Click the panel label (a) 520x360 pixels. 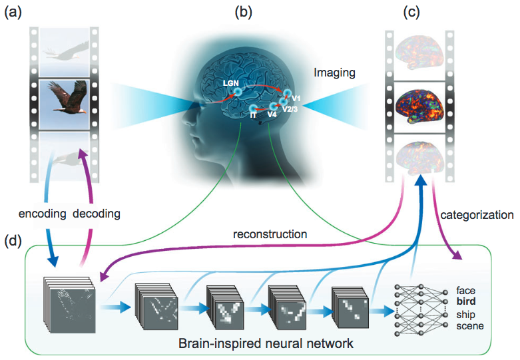[14, 11]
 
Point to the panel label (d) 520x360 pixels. [14, 240]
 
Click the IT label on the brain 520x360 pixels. [254, 116]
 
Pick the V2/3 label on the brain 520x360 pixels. [291, 108]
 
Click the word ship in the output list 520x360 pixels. [466, 314]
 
